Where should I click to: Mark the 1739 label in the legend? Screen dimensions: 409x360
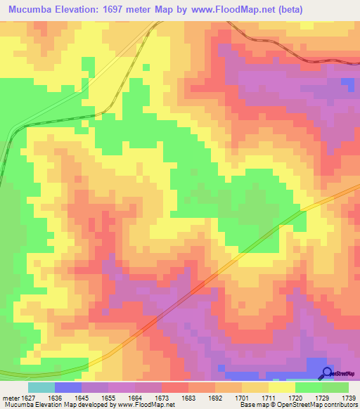coord(349,397)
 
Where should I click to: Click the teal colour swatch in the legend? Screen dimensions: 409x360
coord(41,387)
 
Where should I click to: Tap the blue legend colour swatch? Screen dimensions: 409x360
coord(68,387)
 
